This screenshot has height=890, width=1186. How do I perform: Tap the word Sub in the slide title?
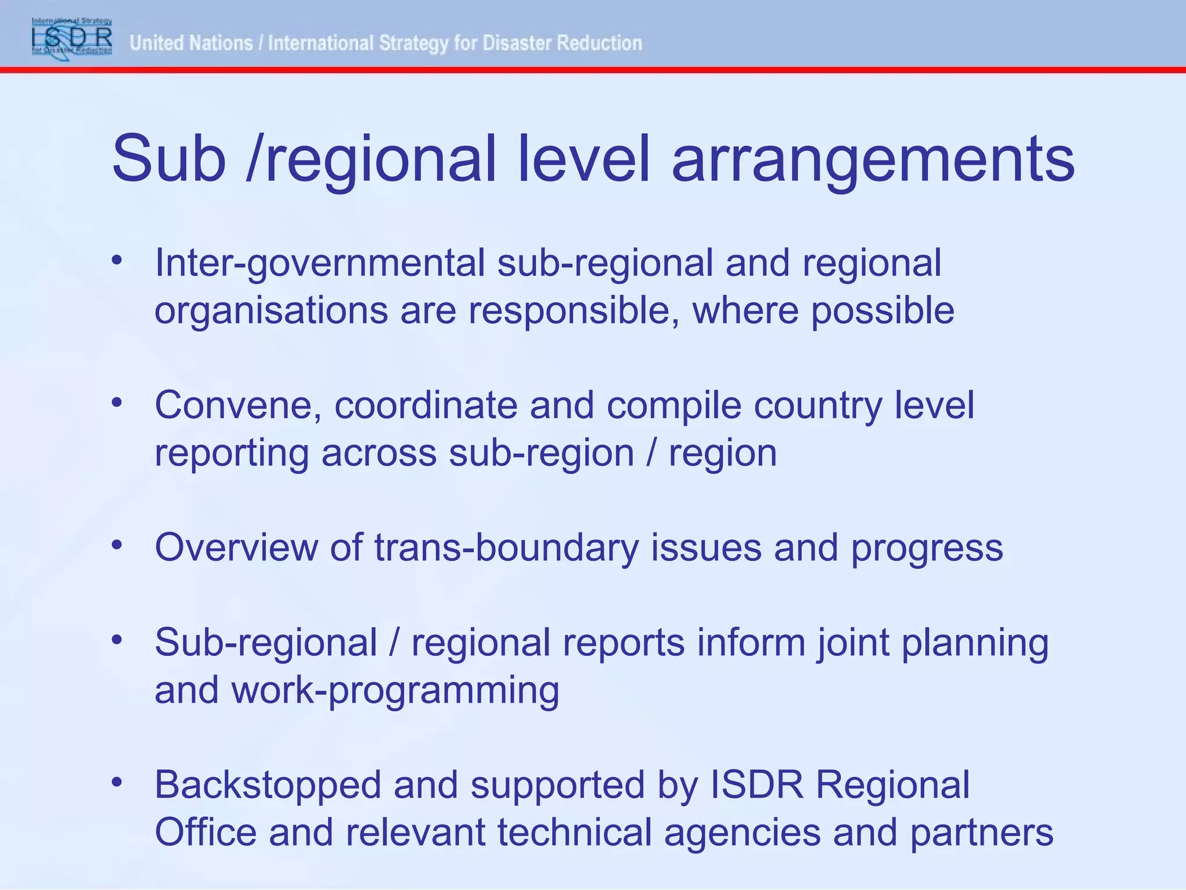tap(169, 158)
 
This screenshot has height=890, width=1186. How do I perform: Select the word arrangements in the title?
tap(873, 159)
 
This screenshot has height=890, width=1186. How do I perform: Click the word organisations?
tap(271, 311)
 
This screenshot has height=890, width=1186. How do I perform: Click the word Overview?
tap(236, 547)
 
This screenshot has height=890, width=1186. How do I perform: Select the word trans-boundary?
tap(506, 548)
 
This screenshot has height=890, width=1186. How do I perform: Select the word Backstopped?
tap(268, 786)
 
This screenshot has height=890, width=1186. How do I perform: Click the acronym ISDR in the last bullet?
tap(757, 785)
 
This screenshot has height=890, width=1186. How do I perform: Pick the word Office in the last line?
tap(206, 833)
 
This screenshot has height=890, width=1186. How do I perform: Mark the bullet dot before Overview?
tap(118, 545)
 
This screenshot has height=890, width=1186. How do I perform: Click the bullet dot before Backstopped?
tap(118, 783)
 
